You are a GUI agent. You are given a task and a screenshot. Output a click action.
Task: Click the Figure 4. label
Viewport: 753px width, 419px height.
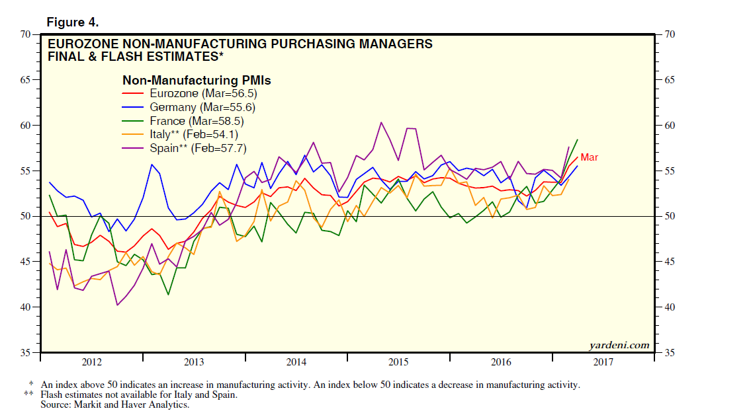(x=72, y=22)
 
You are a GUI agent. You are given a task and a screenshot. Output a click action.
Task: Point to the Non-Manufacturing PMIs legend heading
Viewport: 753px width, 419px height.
(x=197, y=80)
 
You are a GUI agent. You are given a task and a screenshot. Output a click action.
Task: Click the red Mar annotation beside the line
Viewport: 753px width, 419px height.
(x=589, y=157)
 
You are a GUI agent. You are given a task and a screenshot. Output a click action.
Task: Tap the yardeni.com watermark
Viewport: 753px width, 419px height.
(x=619, y=345)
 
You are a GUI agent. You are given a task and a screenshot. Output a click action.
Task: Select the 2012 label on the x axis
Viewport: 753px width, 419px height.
(x=91, y=362)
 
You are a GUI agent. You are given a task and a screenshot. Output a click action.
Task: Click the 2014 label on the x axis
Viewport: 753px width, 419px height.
(x=296, y=362)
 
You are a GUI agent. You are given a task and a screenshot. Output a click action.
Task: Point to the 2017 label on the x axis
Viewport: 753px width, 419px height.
(x=603, y=362)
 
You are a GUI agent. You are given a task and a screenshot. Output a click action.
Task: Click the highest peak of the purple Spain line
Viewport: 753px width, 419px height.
(x=381, y=122)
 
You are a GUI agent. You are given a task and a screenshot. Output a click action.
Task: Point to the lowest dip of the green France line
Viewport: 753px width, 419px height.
(x=168, y=294)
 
